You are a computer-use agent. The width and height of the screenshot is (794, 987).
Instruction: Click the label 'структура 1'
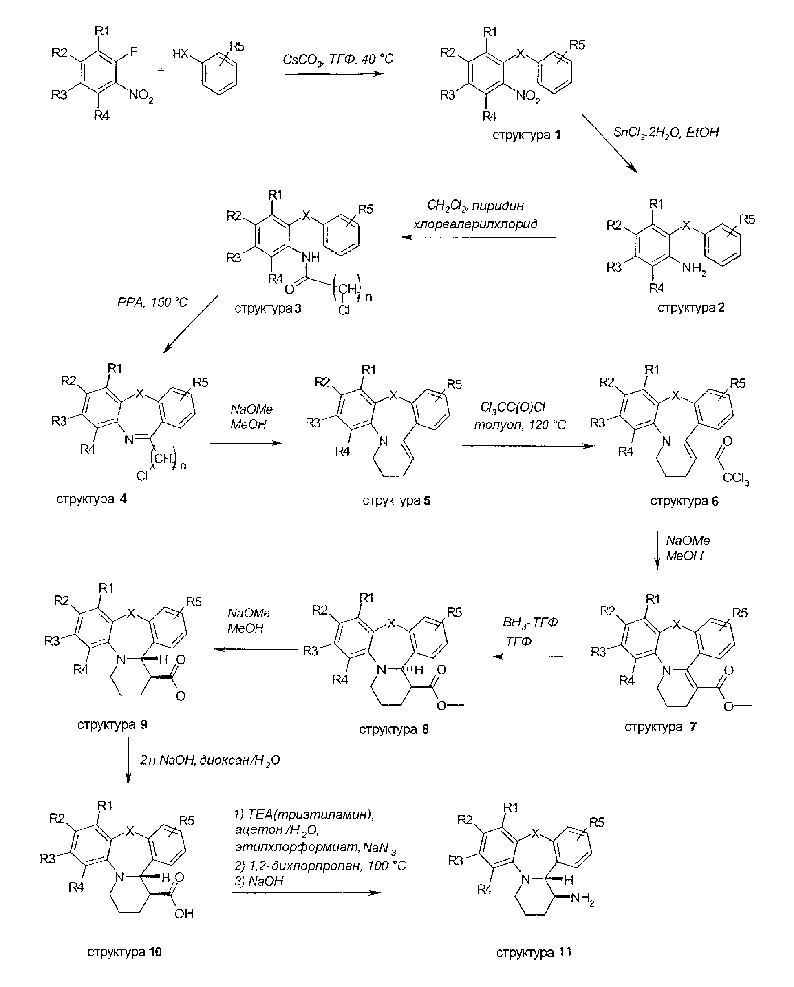[x=526, y=135]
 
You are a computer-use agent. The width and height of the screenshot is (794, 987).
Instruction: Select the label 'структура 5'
[x=396, y=500]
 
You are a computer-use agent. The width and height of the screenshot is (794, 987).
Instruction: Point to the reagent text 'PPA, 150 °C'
[x=152, y=303]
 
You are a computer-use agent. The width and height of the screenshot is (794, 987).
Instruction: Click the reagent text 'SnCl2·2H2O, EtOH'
[x=666, y=133]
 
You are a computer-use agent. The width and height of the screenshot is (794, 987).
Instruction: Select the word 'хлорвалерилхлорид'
[x=475, y=224]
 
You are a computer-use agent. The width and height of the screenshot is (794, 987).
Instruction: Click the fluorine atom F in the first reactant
[x=133, y=52]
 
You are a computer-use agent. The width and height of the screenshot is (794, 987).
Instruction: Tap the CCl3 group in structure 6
[x=735, y=478]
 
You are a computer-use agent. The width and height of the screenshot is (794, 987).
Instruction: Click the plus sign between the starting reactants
[x=161, y=71]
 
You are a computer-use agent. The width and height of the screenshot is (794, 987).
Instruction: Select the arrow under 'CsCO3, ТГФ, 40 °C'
[x=334, y=73]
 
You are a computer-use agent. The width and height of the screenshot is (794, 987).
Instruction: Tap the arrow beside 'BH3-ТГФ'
[x=528, y=657]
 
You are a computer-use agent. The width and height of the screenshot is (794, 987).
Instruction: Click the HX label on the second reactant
[x=181, y=54]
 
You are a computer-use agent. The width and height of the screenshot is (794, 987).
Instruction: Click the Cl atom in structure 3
[x=344, y=311]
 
